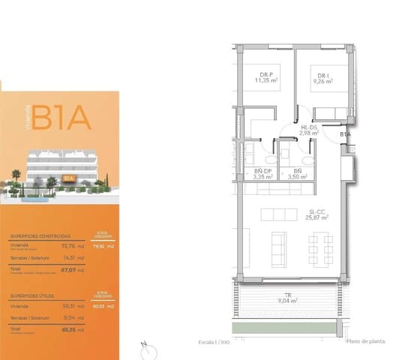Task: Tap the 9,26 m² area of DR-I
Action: pos(323,82)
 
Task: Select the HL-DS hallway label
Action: pos(310,128)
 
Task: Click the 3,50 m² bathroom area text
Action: pos(298,178)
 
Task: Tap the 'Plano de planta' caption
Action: pos(365,341)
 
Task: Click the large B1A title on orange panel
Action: pos(61,118)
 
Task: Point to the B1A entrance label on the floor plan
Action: pos(345,133)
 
